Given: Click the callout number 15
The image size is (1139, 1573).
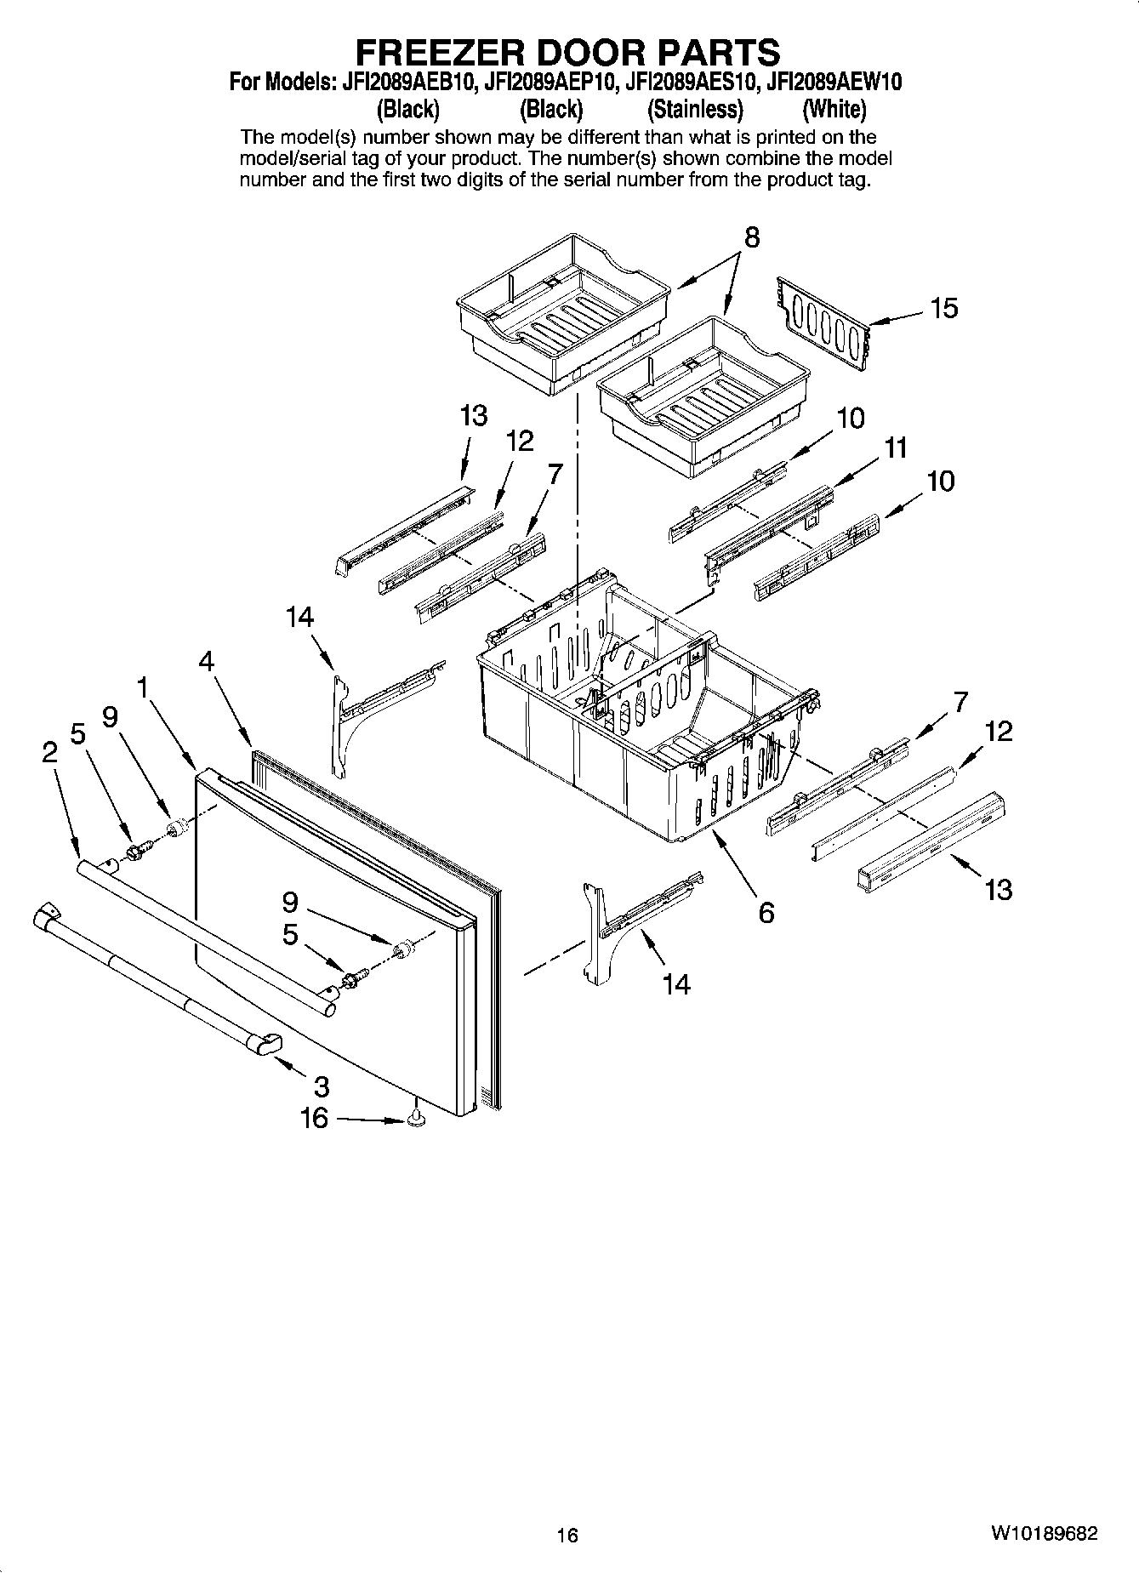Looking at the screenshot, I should tap(943, 308).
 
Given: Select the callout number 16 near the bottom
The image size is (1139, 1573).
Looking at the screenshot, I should tap(314, 1117).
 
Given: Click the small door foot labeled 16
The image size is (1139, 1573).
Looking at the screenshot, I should tap(416, 1120).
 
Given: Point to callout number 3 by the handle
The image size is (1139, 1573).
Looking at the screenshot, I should tap(321, 1086).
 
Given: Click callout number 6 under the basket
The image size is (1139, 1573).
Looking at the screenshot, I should tap(766, 913).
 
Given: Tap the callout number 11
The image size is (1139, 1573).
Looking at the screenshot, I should tap(896, 447).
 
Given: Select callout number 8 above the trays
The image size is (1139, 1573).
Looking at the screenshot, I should tap(752, 237).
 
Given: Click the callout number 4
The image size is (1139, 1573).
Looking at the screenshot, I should tap(206, 661).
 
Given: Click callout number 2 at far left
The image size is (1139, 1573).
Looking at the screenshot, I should tap(49, 751).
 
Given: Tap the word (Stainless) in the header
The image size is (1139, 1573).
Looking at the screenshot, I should tap(694, 110).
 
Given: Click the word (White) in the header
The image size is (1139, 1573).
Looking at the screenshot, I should tap(834, 110).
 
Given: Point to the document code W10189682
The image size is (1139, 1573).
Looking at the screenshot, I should tap(1043, 1533).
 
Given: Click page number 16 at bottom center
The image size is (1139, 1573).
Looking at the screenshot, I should tap(567, 1536).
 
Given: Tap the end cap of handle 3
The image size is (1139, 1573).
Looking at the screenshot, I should tap(265, 1043).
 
